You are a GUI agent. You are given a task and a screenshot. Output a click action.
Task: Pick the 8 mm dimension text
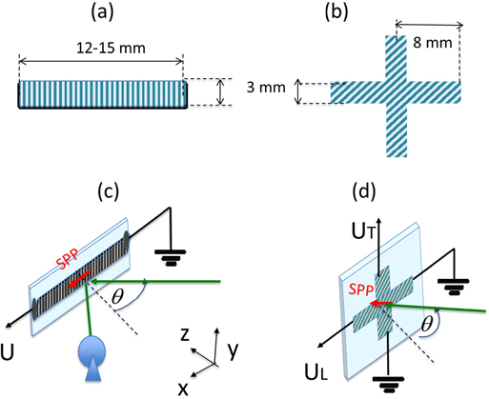[440, 43]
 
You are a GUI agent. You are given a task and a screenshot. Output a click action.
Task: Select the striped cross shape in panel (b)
[395, 92]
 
